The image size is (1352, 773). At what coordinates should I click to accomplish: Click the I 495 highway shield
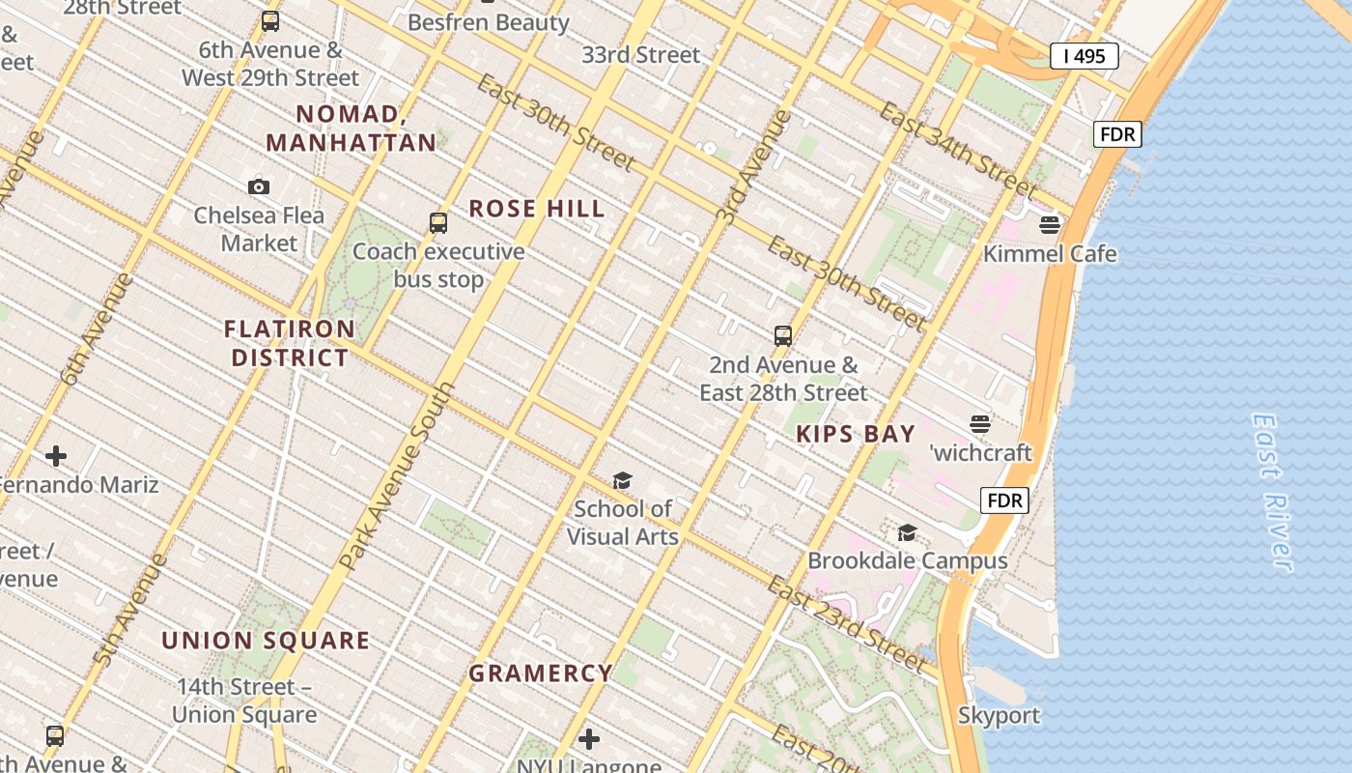click(1084, 56)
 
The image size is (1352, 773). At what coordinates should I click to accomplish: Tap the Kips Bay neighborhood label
click(856, 434)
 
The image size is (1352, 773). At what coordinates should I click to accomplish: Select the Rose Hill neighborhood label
click(537, 209)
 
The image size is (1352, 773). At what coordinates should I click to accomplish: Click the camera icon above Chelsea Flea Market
click(259, 186)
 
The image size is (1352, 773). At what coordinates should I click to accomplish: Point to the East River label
click(1272, 493)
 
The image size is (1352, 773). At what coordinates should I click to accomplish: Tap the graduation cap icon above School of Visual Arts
click(622, 480)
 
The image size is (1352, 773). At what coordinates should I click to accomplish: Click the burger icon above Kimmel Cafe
click(1050, 225)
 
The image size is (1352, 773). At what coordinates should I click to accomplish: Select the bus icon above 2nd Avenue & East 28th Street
click(783, 336)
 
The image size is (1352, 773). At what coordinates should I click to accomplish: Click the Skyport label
click(999, 716)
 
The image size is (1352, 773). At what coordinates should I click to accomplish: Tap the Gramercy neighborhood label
click(541, 673)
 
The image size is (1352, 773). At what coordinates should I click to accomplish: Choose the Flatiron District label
click(290, 343)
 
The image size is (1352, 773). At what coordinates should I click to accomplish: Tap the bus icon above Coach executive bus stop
click(438, 223)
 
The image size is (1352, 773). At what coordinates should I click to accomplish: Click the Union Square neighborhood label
click(266, 641)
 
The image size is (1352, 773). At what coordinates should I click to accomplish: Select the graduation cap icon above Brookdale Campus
click(907, 532)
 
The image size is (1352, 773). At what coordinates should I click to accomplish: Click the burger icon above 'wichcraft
click(980, 424)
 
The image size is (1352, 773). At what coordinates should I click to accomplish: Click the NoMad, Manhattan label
click(352, 129)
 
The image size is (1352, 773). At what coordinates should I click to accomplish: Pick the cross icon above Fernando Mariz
click(56, 456)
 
